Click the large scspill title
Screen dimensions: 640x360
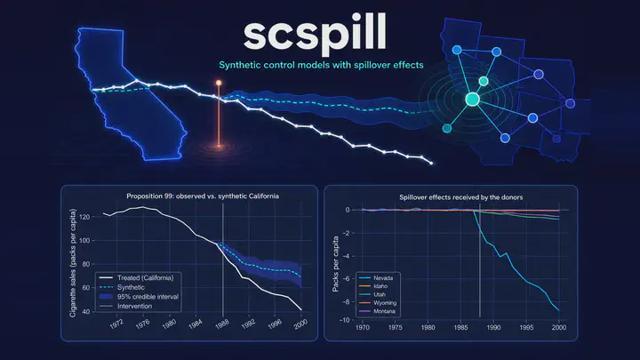315,34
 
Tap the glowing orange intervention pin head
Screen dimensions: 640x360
219,83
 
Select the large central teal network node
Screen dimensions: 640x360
472,100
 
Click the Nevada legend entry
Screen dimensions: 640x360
376,278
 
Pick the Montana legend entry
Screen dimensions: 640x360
377,311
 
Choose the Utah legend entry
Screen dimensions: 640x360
372,294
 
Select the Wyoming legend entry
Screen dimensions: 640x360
378,303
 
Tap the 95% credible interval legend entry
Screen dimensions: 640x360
140,297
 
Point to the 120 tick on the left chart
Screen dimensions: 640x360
85,217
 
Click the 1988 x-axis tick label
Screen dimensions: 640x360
221,324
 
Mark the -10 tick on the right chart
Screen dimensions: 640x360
344,320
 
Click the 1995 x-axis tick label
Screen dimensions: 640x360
526,327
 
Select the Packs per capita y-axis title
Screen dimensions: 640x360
335,264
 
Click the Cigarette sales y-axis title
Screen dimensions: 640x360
73,263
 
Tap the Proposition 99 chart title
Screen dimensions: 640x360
203,196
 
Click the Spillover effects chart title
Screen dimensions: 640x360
460,197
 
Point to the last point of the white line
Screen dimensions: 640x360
431,164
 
